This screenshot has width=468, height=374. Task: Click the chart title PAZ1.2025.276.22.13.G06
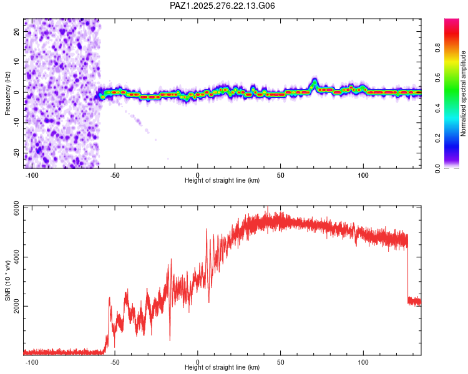click(x=223, y=6)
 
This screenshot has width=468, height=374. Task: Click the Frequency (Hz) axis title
click(x=8, y=92)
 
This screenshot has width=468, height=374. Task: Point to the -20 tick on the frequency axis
click(x=17, y=153)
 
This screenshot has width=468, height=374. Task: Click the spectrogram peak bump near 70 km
click(x=314, y=82)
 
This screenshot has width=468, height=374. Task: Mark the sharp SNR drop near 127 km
click(x=407, y=268)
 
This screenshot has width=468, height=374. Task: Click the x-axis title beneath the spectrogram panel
click(x=222, y=180)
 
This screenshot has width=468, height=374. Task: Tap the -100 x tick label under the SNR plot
click(x=32, y=362)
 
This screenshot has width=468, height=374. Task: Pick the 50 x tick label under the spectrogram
click(x=280, y=175)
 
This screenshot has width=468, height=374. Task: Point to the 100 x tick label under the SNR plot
click(x=363, y=362)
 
